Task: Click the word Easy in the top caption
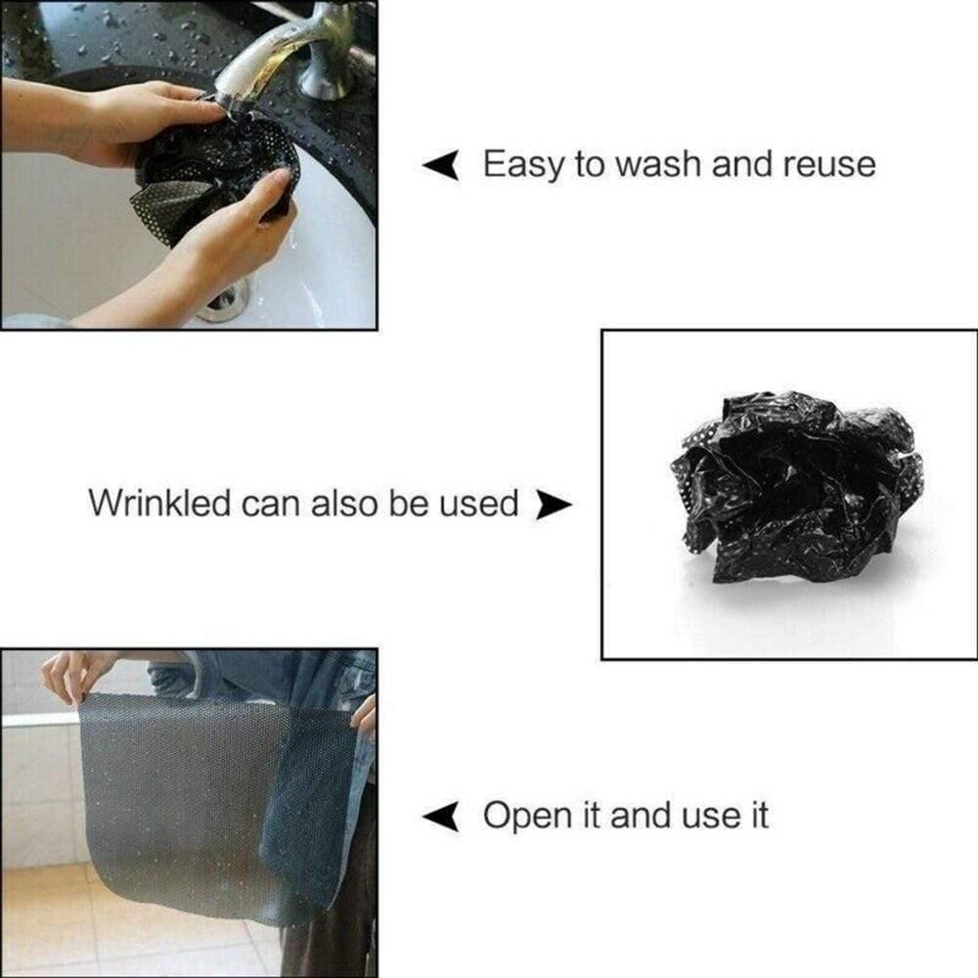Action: tap(522, 165)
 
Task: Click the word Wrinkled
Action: tap(159, 503)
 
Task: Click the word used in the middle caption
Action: tap(479, 504)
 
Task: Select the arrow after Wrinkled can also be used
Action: tap(554, 505)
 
